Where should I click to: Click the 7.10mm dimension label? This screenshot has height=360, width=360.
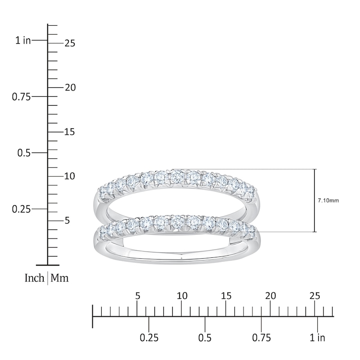click(x=328, y=200)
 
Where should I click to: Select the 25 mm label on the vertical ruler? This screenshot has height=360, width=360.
click(x=69, y=44)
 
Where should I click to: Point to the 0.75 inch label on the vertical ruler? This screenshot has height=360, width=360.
click(x=22, y=97)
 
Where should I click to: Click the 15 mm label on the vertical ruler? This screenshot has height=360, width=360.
click(x=69, y=132)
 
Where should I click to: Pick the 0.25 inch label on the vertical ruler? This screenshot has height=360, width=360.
click(x=22, y=209)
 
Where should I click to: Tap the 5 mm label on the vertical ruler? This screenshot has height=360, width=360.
click(x=67, y=221)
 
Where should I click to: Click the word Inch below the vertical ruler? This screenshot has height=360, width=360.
click(x=34, y=278)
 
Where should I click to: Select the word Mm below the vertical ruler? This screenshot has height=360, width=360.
click(x=59, y=278)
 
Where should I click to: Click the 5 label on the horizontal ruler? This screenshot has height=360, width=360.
click(x=138, y=296)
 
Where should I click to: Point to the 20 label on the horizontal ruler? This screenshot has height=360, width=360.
click(x=270, y=296)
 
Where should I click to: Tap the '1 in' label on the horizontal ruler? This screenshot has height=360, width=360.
click(x=318, y=337)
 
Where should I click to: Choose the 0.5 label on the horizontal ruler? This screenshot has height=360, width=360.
click(x=205, y=337)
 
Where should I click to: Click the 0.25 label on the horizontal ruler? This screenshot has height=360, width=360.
click(x=149, y=337)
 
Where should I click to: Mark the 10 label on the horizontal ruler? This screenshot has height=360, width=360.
click(x=182, y=296)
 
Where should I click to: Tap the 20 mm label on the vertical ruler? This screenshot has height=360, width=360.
click(x=69, y=88)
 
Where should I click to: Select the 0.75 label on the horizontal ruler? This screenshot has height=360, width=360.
click(x=261, y=337)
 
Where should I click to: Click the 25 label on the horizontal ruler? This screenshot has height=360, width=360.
click(x=315, y=296)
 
